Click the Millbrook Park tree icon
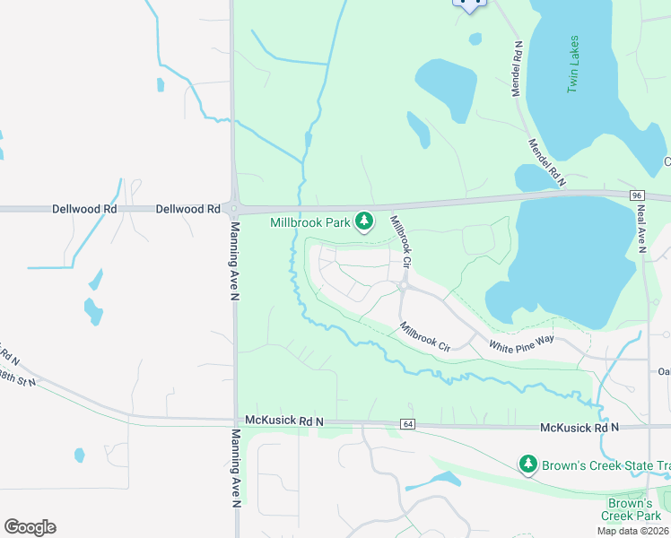coord(364,221)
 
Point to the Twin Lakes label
coord(572,65)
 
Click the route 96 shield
coord(637,195)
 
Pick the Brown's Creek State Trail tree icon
coord(528,464)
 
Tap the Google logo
coord(30,527)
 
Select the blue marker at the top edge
coord(468,4)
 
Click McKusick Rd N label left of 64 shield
coord(283,421)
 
